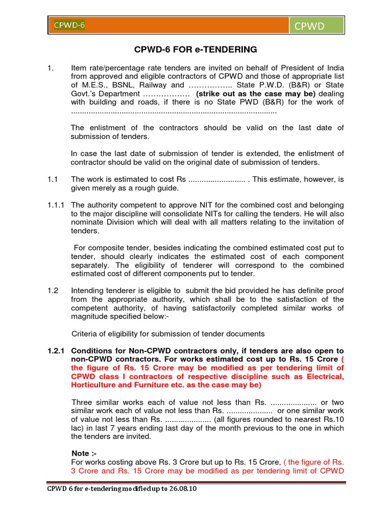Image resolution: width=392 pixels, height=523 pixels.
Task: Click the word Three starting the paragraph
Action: (x=83, y=402)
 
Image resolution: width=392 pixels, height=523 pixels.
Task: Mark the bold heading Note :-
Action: (x=84, y=454)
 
